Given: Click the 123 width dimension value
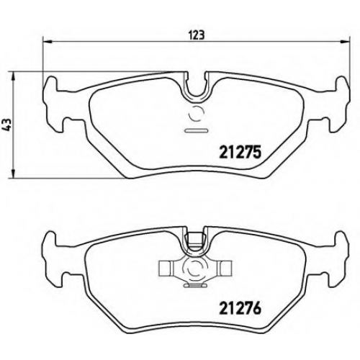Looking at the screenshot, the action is tap(197, 35).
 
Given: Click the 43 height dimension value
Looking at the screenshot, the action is tap(8, 125).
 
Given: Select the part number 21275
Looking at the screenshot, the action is tap(240, 153).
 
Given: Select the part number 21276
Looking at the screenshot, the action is tap(240, 308).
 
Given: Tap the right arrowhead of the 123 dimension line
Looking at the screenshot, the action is tap(346, 42).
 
